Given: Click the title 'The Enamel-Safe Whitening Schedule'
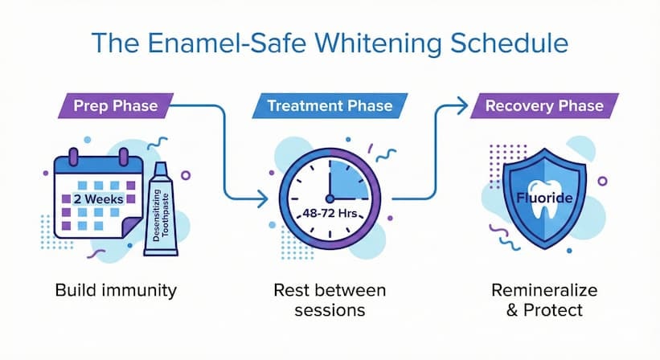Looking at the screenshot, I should point(330,43).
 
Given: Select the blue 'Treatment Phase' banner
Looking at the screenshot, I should point(329,106).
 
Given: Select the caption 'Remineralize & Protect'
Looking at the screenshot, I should point(537,299).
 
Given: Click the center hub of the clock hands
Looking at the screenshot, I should point(328,198).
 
